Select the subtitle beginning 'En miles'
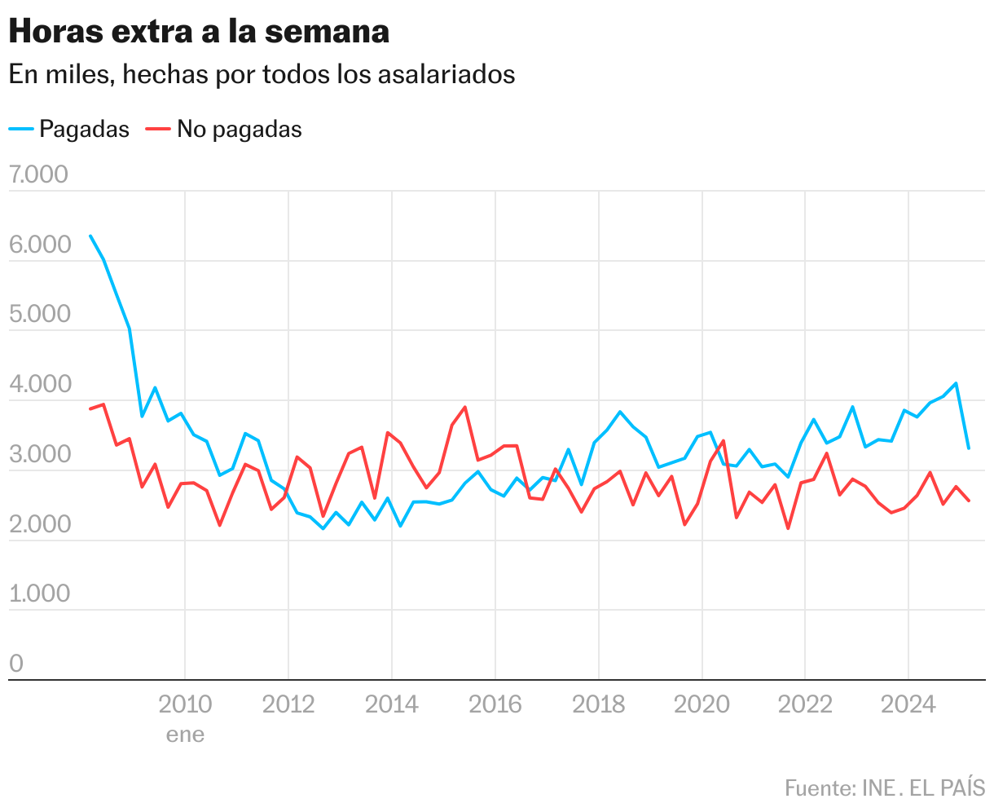[x=262, y=74]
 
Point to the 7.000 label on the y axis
[x=38, y=175]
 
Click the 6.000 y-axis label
[x=38, y=245]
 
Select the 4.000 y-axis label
[x=38, y=385]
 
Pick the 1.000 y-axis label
[x=38, y=594]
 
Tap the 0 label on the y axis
[x=16, y=664]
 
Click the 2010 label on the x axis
[x=185, y=704]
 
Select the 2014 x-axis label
[x=392, y=704]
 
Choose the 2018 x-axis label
[x=598, y=704]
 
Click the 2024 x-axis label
[x=908, y=704]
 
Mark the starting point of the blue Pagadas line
[x=90, y=236]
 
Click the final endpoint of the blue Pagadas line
[x=969, y=448]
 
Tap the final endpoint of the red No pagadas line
[x=969, y=501]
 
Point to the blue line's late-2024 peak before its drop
[x=956, y=383]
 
